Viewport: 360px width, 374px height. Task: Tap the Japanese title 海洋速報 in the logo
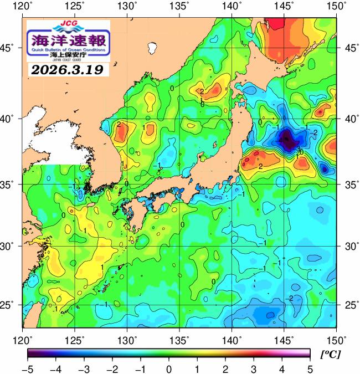(x=69, y=40)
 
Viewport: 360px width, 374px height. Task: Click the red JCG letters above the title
(x=69, y=24)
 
